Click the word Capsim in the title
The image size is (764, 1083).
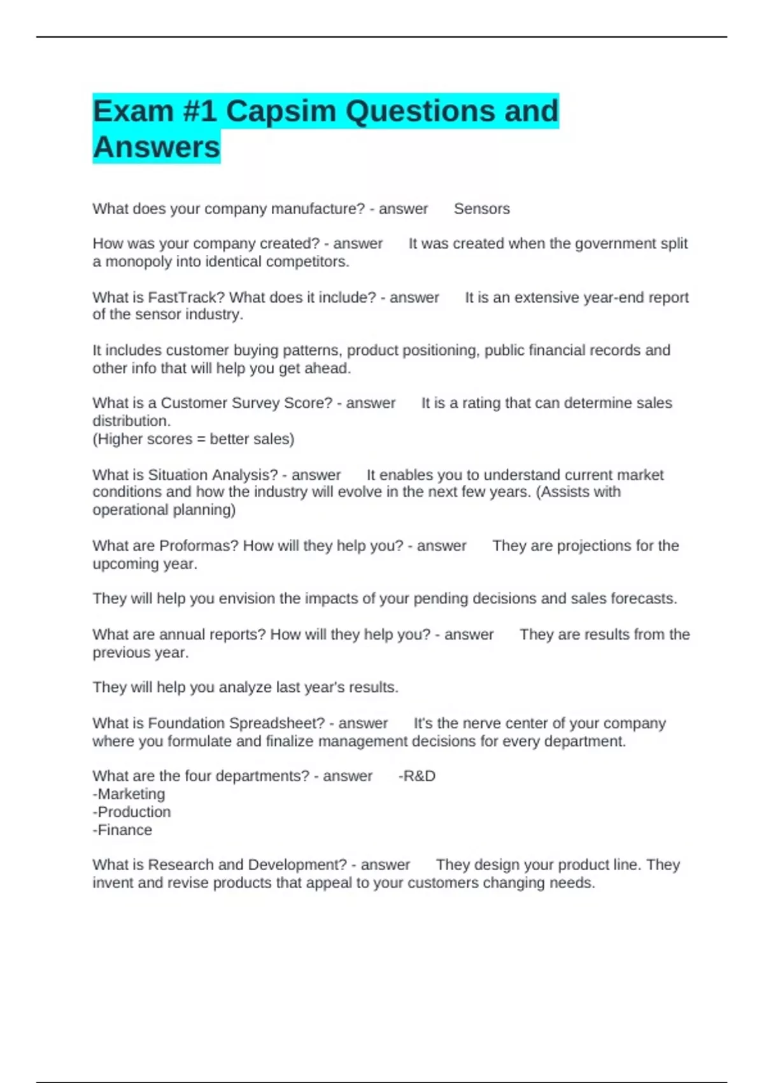click(280, 111)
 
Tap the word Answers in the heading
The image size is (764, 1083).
click(156, 147)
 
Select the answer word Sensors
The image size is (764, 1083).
click(481, 209)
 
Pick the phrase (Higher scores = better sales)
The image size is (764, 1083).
click(194, 439)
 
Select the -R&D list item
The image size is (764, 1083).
click(417, 776)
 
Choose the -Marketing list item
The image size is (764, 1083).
click(129, 794)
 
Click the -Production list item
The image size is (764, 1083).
click(132, 812)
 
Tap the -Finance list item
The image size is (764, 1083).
click(122, 830)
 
